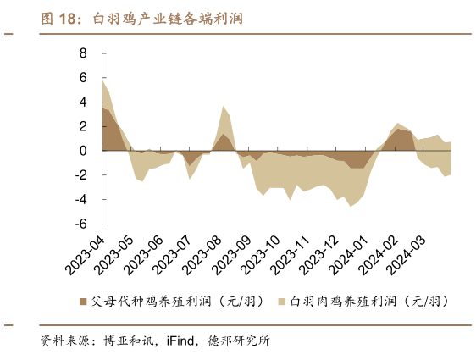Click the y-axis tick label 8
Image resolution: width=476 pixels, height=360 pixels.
click(x=83, y=53)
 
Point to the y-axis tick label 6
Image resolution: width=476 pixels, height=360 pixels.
click(x=83, y=78)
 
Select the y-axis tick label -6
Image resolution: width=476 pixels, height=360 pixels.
click(x=81, y=224)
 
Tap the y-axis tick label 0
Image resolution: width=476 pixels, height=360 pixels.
click(x=83, y=151)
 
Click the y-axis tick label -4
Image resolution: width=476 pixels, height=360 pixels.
click(x=81, y=200)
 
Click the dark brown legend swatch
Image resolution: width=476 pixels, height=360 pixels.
click(x=83, y=301)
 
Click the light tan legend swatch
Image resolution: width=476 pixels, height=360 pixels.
click(x=281, y=301)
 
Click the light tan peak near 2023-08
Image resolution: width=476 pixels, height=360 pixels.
click(x=223, y=108)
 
